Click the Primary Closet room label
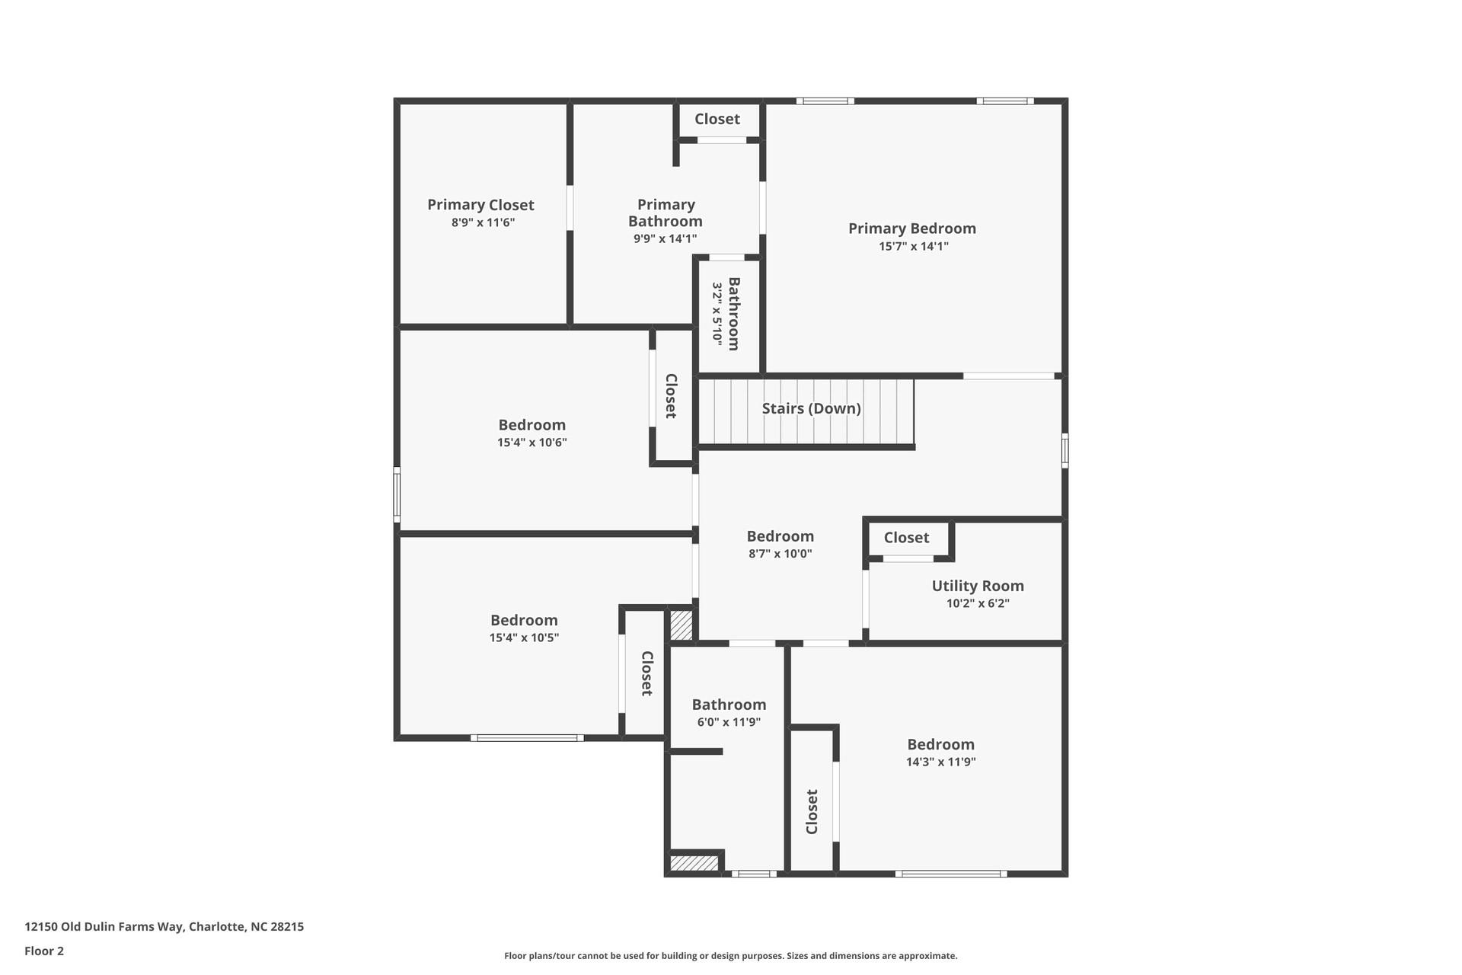pos(480,204)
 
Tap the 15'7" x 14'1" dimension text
pos(913,246)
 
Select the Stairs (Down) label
pos(811,408)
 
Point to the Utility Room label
pos(978,586)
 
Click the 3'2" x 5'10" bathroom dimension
pos(717,314)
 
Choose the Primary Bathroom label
pos(666,213)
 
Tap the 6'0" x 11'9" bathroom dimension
pos(729,722)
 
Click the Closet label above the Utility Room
pos(906,538)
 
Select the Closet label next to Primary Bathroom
pos(717,119)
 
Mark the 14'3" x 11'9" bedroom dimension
pos(940,762)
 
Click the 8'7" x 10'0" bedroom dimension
pos(780,554)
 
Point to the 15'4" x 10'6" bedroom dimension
pos(531,443)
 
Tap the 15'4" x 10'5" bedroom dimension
pos(524,638)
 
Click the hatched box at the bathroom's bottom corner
pos(694,863)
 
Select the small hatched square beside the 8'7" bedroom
pos(681,625)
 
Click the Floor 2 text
pos(44,951)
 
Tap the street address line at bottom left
pos(164,927)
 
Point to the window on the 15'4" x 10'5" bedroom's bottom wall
pos(527,737)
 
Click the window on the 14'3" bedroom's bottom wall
pos(950,874)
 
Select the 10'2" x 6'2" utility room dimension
pos(978,603)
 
